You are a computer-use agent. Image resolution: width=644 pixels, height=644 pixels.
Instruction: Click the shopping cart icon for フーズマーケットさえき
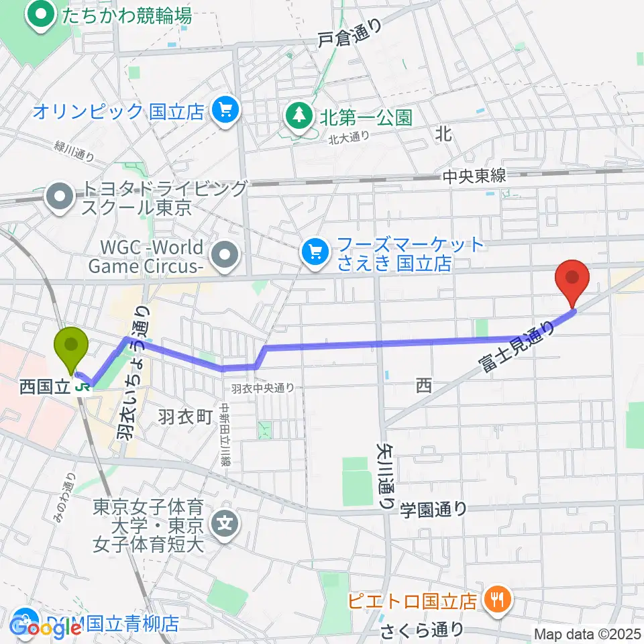[313, 252]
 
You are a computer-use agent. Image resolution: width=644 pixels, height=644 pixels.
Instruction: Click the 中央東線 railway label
[474, 177]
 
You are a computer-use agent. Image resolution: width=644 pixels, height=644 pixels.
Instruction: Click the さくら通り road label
[422, 631]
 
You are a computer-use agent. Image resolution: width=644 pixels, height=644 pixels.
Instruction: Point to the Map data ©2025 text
[586, 633]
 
